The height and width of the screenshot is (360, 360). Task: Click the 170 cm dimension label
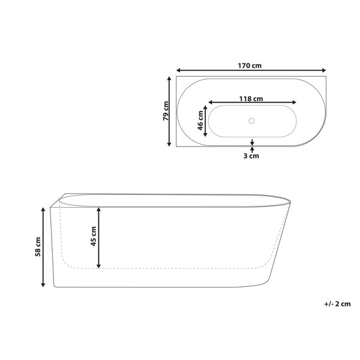250,65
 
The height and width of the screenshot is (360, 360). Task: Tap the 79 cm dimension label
166,111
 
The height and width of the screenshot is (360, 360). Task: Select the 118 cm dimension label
251,99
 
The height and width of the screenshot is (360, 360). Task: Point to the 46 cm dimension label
200,121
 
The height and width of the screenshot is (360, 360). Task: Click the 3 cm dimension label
251,156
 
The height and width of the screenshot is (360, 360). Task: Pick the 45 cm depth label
94,236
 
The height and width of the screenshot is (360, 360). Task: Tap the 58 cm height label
38,247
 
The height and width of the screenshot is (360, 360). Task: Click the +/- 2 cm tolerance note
337,304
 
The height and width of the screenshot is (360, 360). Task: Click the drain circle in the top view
251,121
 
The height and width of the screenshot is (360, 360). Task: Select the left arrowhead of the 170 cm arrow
178,70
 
